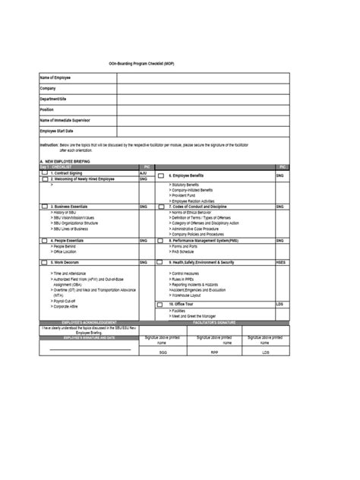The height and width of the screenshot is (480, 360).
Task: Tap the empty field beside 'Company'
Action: (x=203, y=89)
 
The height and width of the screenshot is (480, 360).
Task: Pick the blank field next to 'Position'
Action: (x=203, y=109)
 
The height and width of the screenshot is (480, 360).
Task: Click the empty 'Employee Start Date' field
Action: (x=203, y=131)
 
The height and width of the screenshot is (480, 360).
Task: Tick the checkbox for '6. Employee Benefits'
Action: (x=161, y=175)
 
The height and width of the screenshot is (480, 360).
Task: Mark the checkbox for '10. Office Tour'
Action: (x=161, y=305)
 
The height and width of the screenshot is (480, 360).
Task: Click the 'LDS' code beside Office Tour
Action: (x=280, y=305)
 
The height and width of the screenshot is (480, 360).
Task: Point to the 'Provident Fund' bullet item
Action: (x=187, y=194)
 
